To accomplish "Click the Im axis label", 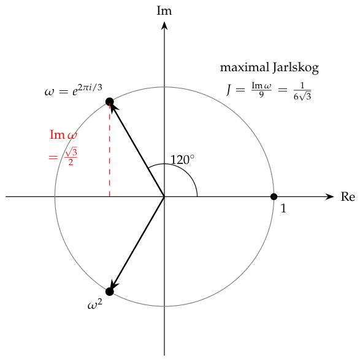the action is click(x=164, y=11).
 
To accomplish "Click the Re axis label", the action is click(x=348, y=197).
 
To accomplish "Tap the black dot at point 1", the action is click(x=274, y=197).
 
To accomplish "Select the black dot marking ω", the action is click(x=110, y=102).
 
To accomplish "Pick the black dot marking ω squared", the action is click(x=110, y=292).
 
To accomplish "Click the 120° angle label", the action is click(x=182, y=160).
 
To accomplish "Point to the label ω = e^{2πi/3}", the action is click(x=74, y=90).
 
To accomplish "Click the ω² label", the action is click(x=95, y=305).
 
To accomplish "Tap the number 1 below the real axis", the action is click(x=283, y=208).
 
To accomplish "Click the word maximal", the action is click(x=245, y=68).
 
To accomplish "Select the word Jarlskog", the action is click(x=296, y=68).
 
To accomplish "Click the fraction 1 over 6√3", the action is click(x=302, y=91).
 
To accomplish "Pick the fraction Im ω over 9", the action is click(x=261, y=90).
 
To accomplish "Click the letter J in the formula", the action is click(x=229, y=90).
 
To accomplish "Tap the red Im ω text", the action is click(x=63, y=134).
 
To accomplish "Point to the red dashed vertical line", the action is click(x=110, y=150).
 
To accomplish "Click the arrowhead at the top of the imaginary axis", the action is click(x=164, y=25).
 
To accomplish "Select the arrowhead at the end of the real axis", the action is click(x=329, y=197).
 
